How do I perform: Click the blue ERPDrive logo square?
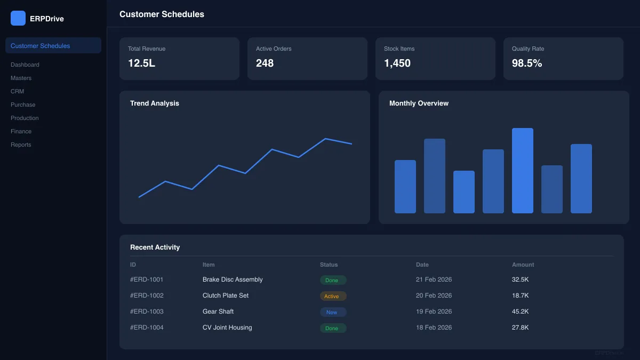tap(18, 18)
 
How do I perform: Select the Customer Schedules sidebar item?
tap(40, 46)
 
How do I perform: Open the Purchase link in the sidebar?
tap(23, 105)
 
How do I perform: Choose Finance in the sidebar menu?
tap(21, 131)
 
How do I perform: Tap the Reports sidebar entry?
tap(21, 145)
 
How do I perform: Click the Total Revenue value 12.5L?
tap(141, 63)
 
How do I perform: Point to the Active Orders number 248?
tap(265, 63)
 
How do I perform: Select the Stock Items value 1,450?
tap(397, 63)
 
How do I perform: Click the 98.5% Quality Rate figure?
tap(527, 63)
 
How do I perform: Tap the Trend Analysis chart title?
tap(155, 103)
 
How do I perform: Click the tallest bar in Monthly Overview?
tap(522, 171)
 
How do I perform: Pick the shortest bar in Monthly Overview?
tap(463, 192)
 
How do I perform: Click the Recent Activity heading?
tap(155, 247)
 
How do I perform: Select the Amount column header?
tap(523, 265)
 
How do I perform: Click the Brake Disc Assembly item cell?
tap(233, 279)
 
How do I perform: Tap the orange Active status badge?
tap(333, 296)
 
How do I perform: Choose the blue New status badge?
tap(333, 312)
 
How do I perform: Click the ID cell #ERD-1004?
tap(147, 327)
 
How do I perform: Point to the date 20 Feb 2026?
tap(434, 295)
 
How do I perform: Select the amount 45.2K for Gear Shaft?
tap(520, 311)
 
